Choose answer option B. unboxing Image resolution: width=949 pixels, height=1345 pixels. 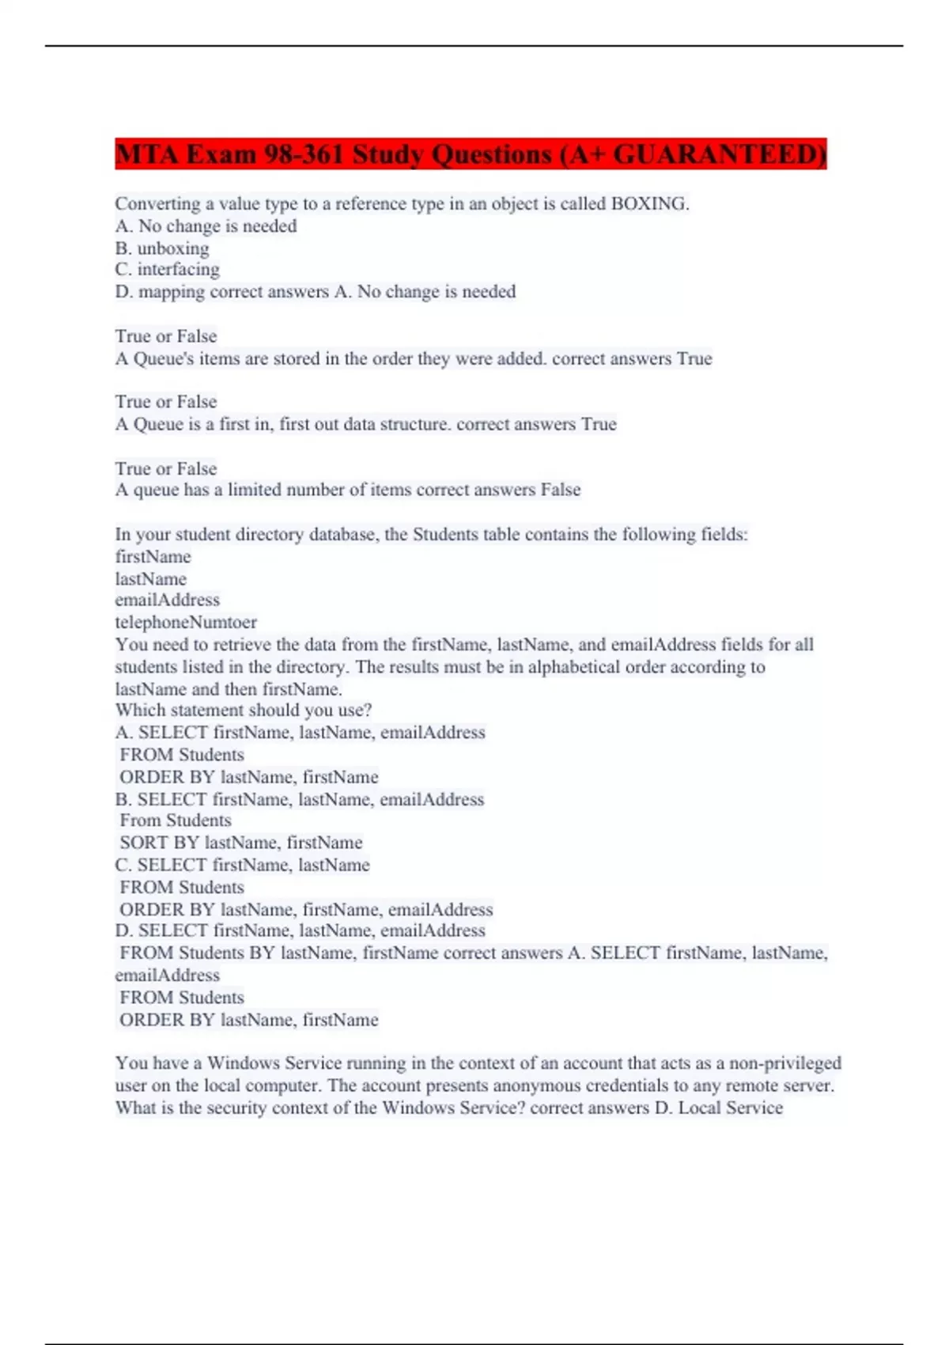click(162, 248)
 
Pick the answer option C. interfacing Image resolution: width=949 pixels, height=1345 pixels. click(168, 270)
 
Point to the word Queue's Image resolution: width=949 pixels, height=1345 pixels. click(163, 359)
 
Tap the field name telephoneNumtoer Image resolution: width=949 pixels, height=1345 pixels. click(186, 623)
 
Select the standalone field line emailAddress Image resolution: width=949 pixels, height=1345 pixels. click(168, 601)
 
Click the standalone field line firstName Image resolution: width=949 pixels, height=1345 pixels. click(153, 557)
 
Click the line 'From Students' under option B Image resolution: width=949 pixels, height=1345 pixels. click(176, 820)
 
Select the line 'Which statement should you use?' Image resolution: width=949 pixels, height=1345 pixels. click(244, 710)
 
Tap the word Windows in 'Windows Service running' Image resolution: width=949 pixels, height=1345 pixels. click(243, 1063)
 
